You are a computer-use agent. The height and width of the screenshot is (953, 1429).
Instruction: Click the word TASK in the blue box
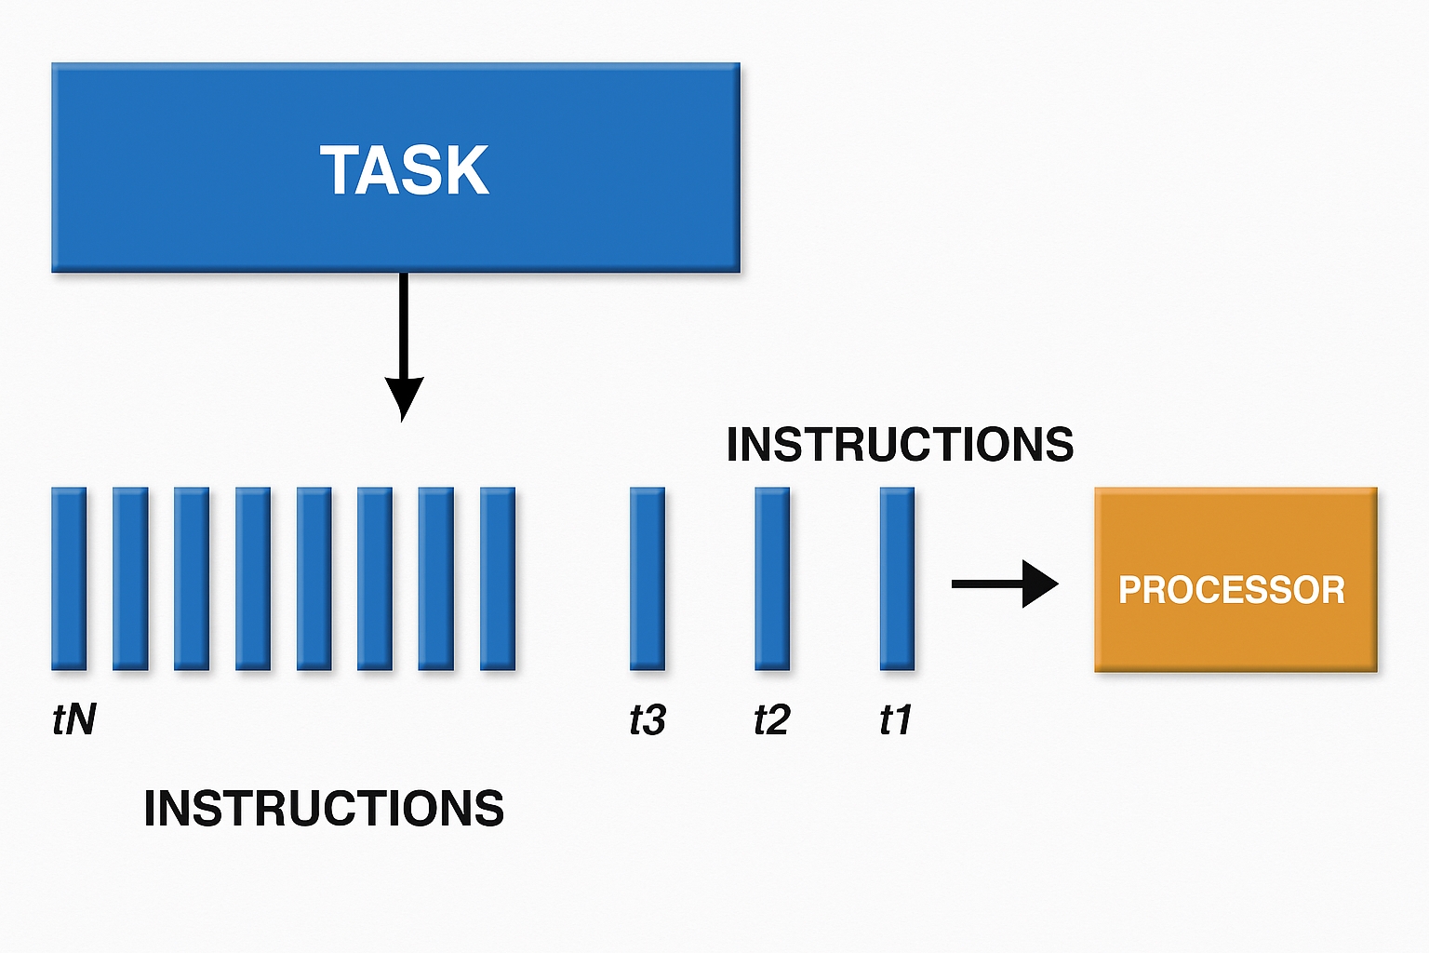pyautogui.click(x=405, y=169)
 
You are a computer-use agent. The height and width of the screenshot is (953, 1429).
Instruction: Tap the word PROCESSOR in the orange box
pyautogui.click(x=1232, y=589)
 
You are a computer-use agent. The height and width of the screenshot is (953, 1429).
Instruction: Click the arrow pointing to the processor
pyautogui.click(x=1005, y=584)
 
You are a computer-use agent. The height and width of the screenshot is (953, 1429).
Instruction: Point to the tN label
pyautogui.click(x=74, y=719)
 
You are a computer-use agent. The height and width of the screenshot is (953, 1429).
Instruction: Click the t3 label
pyautogui.click(x=648, y=719)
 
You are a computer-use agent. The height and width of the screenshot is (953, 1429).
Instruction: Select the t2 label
pyautogui.click(x=772, y=719)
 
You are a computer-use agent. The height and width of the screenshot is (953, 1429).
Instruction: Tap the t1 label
pyautogui.click(x=896, y=719)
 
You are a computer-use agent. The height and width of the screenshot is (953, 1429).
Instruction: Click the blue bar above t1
pyautogui.click(x=897, y=579)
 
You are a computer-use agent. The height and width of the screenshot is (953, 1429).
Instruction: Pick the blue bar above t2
pyautogui.click(x=772, y=579)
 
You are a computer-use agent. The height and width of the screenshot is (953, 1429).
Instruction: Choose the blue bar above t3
pyautogui.click(x=648, y=579)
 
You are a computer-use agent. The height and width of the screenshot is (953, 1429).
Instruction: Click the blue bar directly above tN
pyautogui.click(x=69, y=579)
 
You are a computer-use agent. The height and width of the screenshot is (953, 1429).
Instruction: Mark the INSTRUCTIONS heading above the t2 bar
pyautogui.click(x=900, y=444)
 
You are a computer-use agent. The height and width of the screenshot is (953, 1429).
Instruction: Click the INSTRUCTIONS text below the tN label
pyautogui.click(x=324, y=808)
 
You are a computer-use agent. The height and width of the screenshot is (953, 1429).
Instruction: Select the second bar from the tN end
pyautogui.click(x=130, y=579)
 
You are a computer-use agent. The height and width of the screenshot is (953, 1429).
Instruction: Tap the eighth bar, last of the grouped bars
pyautogui.click(x=498, y=579)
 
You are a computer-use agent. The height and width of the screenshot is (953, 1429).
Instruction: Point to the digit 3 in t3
pyautogui.click(x=655, y=719)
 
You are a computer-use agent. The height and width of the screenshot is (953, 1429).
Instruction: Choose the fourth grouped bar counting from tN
pyautogui.click(x=253, y=579)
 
